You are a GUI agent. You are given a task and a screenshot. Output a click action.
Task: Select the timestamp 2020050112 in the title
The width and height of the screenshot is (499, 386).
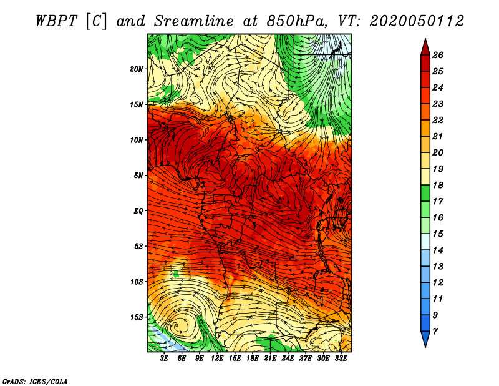coord(417,21)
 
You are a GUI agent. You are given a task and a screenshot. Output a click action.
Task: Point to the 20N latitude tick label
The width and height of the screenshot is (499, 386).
coord(137,69)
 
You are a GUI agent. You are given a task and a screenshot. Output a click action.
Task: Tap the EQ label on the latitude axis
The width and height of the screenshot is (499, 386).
coord(138,211)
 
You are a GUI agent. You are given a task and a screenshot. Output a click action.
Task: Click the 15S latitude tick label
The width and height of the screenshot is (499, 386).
coord(137,317)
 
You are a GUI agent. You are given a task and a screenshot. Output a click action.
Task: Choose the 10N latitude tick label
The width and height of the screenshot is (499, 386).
coord(137,140)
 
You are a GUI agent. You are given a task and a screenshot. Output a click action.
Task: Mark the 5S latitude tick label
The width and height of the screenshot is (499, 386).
coord(138,246)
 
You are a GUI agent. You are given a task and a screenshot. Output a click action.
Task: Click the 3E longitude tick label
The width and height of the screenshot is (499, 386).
coord(165,359)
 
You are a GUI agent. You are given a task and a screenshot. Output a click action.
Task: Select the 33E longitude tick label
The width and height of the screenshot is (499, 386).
coord(341,359)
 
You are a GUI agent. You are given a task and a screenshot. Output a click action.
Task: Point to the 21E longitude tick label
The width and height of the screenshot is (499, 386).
coord(270,359)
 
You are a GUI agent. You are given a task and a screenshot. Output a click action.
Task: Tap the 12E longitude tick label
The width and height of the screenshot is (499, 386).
coord(217,359)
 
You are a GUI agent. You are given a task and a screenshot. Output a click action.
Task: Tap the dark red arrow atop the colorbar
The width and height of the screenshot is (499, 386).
coord(425,47)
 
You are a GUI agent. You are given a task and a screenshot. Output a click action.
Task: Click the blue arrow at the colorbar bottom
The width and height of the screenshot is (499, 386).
coord(425,339)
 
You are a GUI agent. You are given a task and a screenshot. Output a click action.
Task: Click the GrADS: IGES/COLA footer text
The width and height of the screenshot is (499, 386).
coord(34,380)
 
